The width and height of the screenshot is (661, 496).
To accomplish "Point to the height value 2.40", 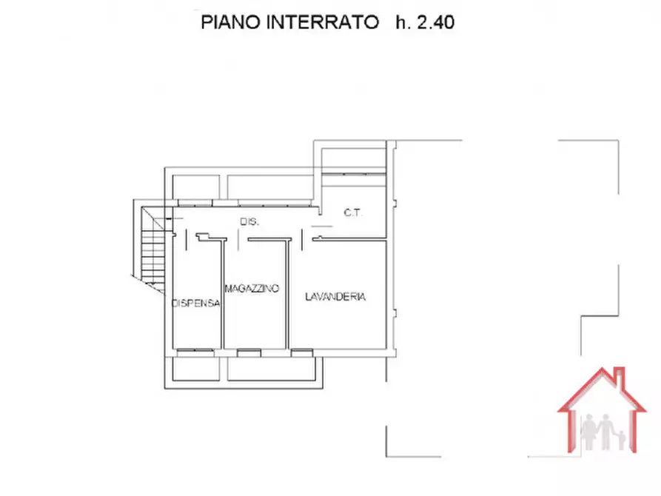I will click(435, 23).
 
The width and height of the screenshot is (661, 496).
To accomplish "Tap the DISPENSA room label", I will click(196, 304).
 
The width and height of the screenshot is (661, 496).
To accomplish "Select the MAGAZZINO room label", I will click(252, 289).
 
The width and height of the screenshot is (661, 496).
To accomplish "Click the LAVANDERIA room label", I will click(335, 296).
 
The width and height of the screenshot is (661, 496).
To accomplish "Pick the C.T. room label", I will click(352, 213).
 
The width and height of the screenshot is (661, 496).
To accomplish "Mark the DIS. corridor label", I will click(248, 222).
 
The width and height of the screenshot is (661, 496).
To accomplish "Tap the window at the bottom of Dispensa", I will click(197, 350).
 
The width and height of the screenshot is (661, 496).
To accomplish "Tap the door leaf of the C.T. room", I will click(321, 226).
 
